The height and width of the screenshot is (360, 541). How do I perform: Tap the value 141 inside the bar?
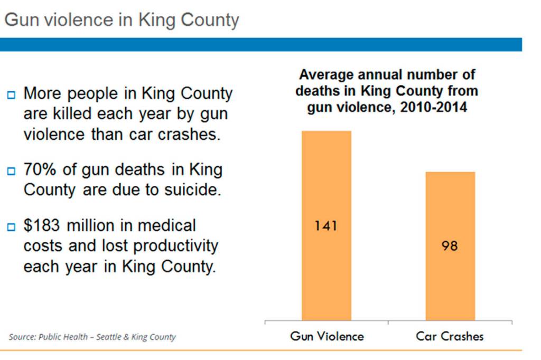coord(326,226)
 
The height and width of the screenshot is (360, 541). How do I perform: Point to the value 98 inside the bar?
coord(450,246)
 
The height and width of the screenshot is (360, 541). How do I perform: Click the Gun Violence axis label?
coord(327,336)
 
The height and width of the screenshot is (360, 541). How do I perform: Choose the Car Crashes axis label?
coord(450,336)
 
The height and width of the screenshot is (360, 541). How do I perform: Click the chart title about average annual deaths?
coord(386,91)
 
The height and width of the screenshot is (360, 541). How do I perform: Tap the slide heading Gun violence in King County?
coord(122,20)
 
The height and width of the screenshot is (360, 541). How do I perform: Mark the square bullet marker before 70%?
coord(11,172)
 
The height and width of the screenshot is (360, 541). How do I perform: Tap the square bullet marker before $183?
coord(11,228)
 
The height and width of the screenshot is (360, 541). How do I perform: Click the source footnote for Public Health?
coord(92,337)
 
